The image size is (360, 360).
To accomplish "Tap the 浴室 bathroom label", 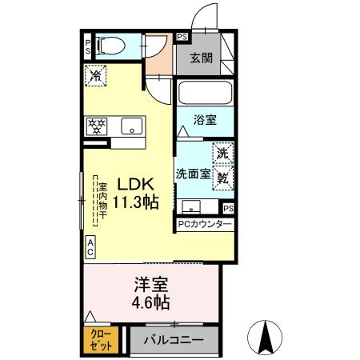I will pyautogui.click(x=206, y=121).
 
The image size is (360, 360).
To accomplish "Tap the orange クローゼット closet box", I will pyautogui.click(x=101, y=338).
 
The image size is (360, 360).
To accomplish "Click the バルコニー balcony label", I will pyautogui.click(x=173, y=340).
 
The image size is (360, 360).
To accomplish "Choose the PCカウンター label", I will pyautogui.click(x=205, y=226).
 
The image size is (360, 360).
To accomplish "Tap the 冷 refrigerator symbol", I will pyautogui.click(x=94, y=78).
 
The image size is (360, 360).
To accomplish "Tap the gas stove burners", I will pyautogui.click(x=98, y=126).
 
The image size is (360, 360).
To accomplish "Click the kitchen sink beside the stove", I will pyautogui.click(x=130, y=126).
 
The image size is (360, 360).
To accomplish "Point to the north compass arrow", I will pyautogui.click(x=269, y=337).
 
